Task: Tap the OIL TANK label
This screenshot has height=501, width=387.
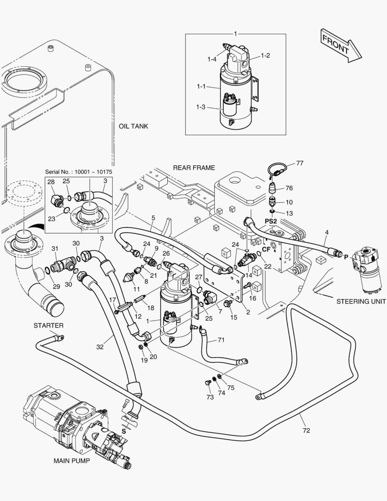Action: tap(133, 126)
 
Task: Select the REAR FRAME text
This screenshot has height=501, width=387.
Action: tap(194, 167)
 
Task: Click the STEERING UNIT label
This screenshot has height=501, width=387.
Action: tap(361, 301)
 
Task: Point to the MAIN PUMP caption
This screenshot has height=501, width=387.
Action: tap(71, 461)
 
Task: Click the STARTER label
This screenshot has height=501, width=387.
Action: tap(48, 326)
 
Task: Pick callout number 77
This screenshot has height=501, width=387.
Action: tap(299, 163)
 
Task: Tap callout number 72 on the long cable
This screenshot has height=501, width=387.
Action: tap(306, 430)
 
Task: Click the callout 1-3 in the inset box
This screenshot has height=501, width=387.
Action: tap(201, 107)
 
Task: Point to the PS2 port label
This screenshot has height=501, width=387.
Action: tap(271, 221)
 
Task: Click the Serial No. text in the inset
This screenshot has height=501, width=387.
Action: tap(78, 172)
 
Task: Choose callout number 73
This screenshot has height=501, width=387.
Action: tap(210, 397)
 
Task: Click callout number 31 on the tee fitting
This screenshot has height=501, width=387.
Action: tap(54, 249)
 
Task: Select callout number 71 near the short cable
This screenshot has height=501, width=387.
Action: tap(221, 340)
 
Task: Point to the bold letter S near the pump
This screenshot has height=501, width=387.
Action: tap(124, 431)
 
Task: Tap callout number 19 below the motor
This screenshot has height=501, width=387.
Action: tap(144, 360)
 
